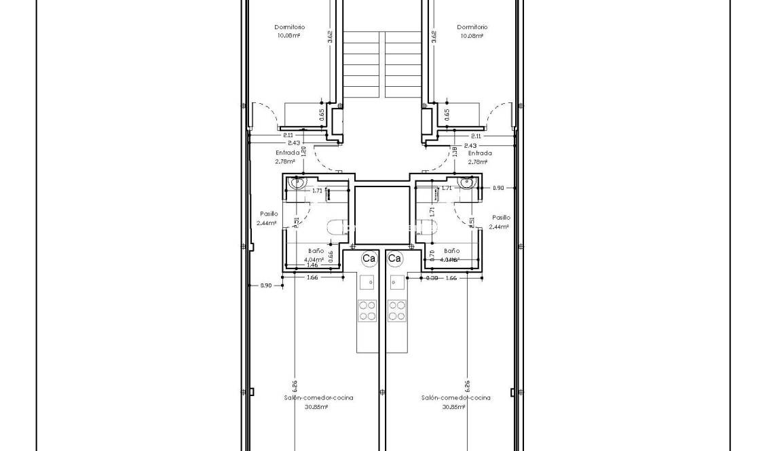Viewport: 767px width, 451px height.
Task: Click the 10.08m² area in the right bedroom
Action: pos(471,36)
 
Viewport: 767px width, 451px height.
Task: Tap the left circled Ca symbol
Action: pos(369,258)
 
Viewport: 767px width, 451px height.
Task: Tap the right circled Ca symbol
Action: pos(394,258)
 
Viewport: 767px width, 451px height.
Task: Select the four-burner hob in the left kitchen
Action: pos(367,311)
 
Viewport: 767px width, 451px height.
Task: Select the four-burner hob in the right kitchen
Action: pos(396,311)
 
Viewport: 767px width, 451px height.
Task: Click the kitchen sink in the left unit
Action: pos(367,283)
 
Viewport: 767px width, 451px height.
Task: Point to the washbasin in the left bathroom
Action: pos(297,182)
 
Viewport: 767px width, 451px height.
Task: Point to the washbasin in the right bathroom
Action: pos(466,182)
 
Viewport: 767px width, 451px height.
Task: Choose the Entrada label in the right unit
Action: pos(480,153)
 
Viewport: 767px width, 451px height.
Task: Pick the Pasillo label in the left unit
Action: pos(268,214)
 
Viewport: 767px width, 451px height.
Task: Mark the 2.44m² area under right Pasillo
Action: pos(498,227)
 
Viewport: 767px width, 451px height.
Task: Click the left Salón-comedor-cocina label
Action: pos(318,398)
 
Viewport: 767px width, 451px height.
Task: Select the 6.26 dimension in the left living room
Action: pos(295,386)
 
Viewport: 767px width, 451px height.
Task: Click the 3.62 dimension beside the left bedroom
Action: pos(330,37)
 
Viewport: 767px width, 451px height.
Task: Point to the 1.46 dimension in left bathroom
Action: pos(312,265)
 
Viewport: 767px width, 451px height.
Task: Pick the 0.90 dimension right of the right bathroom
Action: pos(498,188)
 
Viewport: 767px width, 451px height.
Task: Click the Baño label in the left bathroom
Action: pos(315,251)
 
